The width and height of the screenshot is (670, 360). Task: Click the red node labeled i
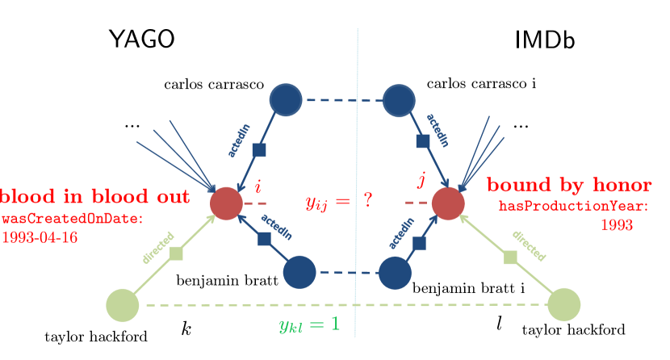point(226,203)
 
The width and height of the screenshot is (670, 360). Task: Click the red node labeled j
point(447,203)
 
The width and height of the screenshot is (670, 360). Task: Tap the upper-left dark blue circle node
point(285,99)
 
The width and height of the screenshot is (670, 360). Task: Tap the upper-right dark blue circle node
point(399,100)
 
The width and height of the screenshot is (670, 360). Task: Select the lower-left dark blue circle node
point(299,271)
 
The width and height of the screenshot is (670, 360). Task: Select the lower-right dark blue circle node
point(395,273)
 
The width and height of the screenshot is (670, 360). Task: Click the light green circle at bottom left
point(122,305)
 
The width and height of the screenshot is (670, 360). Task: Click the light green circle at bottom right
point(564,304)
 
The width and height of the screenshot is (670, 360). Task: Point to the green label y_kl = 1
point(308,325)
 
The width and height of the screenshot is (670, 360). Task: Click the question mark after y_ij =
point(367,200)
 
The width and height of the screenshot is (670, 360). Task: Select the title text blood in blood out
point(95,196)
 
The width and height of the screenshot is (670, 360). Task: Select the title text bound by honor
point(570,186)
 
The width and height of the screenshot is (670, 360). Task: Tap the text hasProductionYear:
point(573,207)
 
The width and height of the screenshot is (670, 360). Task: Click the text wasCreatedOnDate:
point(72,219)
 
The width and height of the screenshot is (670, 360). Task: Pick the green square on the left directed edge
point(177,253)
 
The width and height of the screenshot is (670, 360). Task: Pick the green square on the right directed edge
point(510,257)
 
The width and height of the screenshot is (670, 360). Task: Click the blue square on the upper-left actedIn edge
point(258,149)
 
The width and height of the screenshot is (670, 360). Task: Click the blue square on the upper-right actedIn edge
point(422,141)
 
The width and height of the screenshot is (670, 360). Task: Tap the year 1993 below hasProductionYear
point(616,226)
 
